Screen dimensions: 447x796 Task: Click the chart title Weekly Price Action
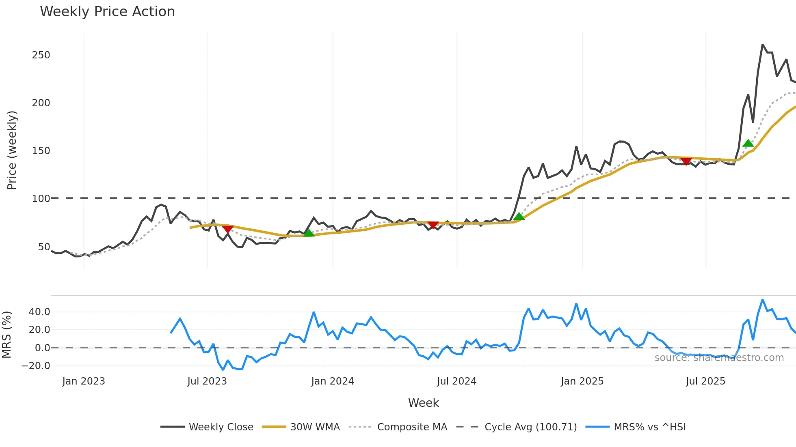107,12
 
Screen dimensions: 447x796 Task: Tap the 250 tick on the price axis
41,55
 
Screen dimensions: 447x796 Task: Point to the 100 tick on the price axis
41,199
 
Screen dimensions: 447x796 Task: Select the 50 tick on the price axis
44,247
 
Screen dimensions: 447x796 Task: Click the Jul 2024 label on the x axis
456,381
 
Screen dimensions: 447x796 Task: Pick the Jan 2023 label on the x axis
84,381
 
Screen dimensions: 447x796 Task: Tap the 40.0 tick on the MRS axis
39,312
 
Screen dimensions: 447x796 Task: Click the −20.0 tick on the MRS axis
36,366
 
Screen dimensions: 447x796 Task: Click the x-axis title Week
423,403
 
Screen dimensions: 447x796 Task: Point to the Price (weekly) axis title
12,150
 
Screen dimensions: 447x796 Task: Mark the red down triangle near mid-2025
686,161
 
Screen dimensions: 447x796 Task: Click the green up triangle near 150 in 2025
748,143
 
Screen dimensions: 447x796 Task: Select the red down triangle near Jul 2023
228,229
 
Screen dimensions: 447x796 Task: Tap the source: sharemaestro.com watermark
719,358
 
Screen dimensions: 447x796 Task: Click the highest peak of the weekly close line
763,45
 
